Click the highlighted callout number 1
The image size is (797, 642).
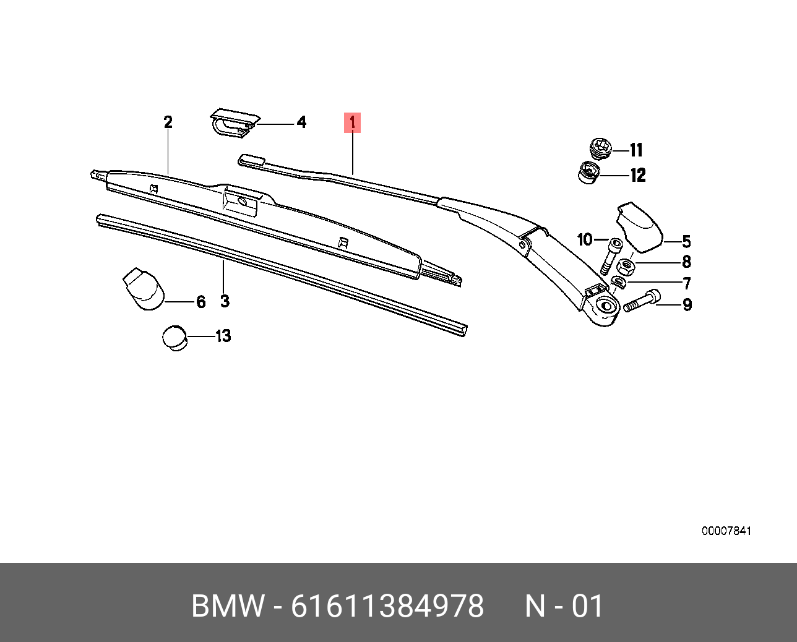click(x=352, y=122)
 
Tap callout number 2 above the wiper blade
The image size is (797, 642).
click(x=168, y=122)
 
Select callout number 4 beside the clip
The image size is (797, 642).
click(x=302, y=122)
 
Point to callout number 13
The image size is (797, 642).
click(x=223, y=336)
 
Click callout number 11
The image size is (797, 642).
click(x=636, y=150)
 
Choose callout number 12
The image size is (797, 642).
click(x=638, y=175)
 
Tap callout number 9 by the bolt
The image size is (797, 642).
click(x=687, y=305)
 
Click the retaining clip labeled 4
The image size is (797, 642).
click(x=235, y=123)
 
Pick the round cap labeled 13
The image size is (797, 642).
click(x=174, y=338)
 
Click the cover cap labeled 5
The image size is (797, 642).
click(x=640, y=227)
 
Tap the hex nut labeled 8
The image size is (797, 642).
click(x=626, y=265)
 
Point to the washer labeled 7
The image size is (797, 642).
click(x=618, y=282)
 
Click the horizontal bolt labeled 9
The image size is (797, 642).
click(x=642, y=301)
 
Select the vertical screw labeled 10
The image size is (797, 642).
click(x=610, y=256)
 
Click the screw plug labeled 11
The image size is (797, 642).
click(x=600, y=149)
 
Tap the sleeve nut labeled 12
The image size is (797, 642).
click(x=588, y=173)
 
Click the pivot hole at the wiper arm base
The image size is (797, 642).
click(x=606, y=306)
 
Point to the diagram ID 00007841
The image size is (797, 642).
click(x=726, y=531)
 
